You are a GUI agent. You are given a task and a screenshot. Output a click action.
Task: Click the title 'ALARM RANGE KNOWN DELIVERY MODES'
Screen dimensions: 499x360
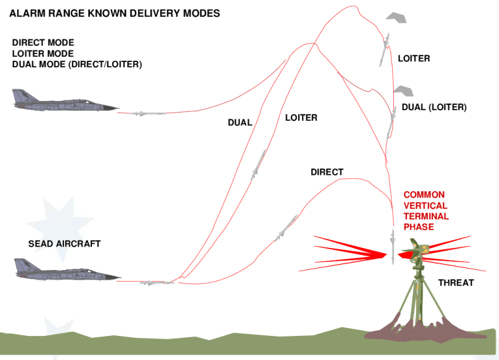click(115, 13)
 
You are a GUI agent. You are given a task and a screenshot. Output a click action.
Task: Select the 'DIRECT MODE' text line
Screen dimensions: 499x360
click(43, 42)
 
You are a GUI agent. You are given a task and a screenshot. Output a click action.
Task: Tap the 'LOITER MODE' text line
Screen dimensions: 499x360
click(43, 53)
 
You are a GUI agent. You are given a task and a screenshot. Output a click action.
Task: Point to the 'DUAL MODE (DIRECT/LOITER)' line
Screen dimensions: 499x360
click(77, 65)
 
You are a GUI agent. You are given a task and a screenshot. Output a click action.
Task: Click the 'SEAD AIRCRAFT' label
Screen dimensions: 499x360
click(65, 244)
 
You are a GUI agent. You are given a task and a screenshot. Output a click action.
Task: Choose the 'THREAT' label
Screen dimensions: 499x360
click(456, 282)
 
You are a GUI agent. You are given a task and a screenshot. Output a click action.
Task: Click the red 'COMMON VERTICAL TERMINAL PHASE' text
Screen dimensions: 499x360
click(426, 211)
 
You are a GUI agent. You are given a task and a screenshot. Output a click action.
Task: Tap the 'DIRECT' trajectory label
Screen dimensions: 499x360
click(327, 172)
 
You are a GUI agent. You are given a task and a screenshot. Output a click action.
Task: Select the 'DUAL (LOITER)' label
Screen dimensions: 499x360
click(434, 107)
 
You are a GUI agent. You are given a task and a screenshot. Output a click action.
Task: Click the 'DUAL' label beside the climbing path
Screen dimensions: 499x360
click(240, 123)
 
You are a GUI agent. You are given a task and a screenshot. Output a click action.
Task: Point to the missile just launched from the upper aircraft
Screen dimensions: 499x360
click(148, 113)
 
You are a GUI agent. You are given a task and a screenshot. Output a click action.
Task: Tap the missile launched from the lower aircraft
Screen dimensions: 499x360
click(157, 282)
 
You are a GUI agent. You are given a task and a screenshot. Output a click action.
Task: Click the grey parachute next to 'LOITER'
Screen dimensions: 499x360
click(396, 18)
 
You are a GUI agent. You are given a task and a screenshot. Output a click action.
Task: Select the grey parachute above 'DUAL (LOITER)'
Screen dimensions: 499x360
click(404, 91)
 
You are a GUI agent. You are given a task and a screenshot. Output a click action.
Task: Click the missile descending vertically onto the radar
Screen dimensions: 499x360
click(393, 247)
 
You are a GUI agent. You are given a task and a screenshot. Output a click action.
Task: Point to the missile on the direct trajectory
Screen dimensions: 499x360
click(286, 228)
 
